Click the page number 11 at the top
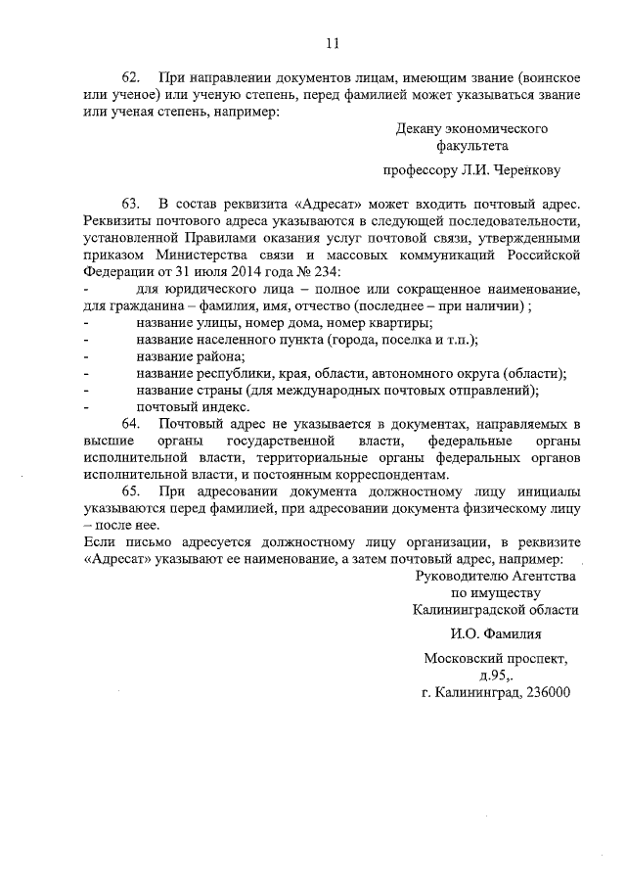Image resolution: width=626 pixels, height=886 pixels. tap(332, 42)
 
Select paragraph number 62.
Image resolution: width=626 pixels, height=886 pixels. tap(131, 77)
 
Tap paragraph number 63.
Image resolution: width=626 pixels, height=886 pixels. tap(131, 204)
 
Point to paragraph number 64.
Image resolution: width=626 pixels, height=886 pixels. tap(131, 423)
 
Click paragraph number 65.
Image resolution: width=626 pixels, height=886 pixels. tap(131, 492)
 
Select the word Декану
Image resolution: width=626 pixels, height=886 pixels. tap(421, 129)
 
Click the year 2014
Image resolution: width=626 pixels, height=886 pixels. tap(244, 270)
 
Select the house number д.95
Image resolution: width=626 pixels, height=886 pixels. tap(491, 676)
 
